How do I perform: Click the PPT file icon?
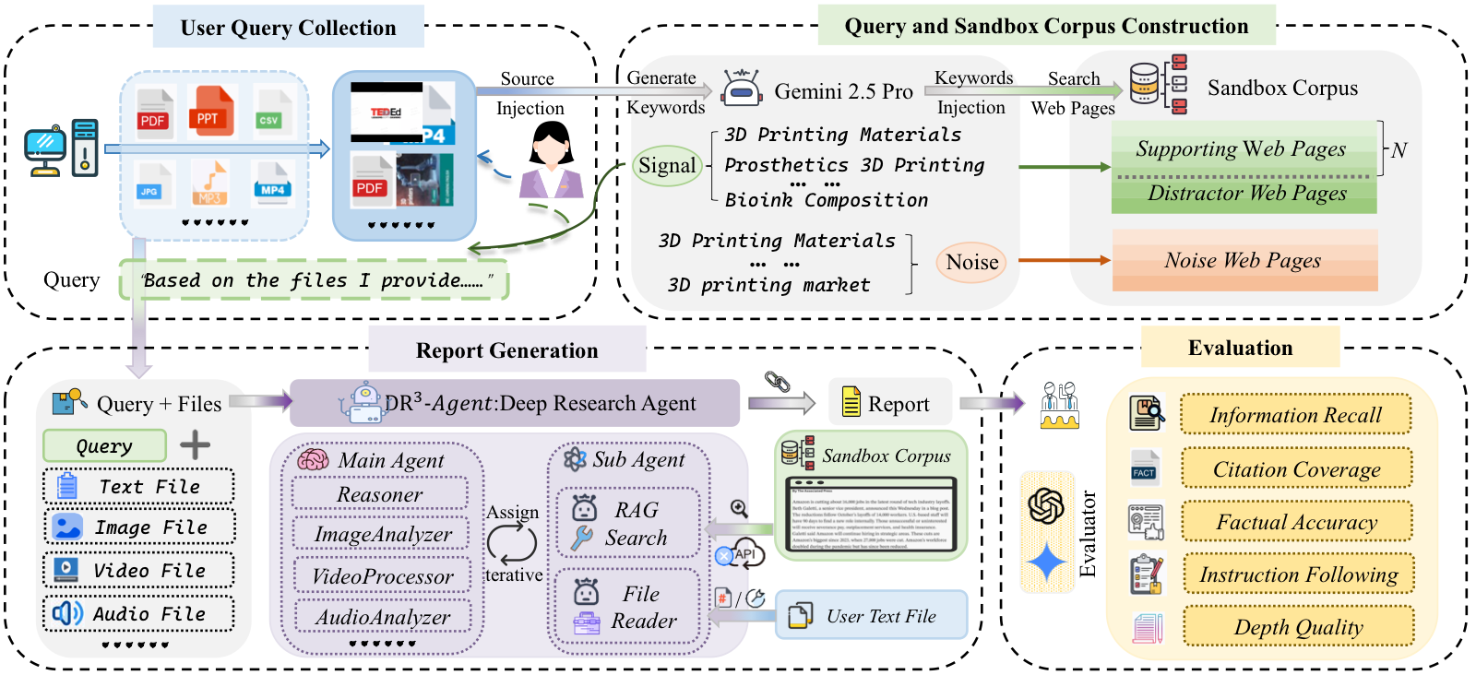(x=210, y=111)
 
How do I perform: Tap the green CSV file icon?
(x=269, y=112)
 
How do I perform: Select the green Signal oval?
(x=667, y=166)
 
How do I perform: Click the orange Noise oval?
(x=971, y=263)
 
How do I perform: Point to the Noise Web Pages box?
(x=1244, y=261)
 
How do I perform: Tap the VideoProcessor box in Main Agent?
(x=382, y=576)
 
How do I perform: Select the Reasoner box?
(x=380, y=494)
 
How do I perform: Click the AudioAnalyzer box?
(x=382, y=617)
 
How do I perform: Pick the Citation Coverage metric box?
(x=1296, y=469)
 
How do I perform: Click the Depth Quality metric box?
(x=1298, y=627)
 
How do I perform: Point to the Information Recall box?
(x=1295, y=415)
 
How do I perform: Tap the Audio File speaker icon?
(x=67, y=613)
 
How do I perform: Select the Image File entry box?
(x=139, y=527)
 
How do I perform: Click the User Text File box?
(x=872, y=616)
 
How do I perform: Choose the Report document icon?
(x=851, y=403)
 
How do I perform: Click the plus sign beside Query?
(x=195, y=445)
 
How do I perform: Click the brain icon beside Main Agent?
(x=313, y=459)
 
